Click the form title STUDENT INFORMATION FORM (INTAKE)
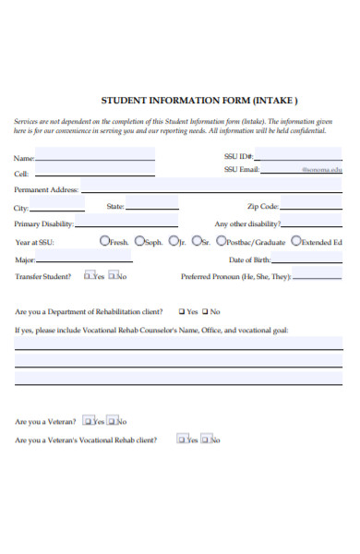[x=198, y=101]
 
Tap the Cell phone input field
[x=92, y=172]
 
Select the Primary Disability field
[x=126, y=223]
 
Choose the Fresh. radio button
[x=104, y=241]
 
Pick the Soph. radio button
[x=139, y=241]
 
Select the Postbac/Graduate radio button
[x=221, y=241]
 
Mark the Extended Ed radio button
[x=295, y=241]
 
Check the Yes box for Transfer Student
[x=89, y=274]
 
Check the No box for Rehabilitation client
[x=204, y=311]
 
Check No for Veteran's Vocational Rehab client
[x=207, y=439]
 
